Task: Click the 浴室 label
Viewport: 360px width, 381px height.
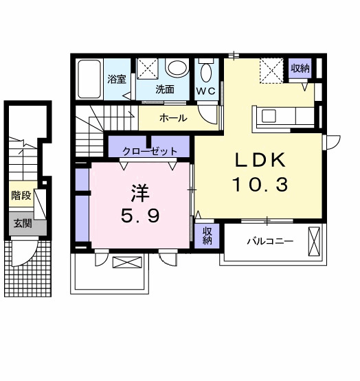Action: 117,80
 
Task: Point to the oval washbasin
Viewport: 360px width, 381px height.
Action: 177,69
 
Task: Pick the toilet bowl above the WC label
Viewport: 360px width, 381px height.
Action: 206,71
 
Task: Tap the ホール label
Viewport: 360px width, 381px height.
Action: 172,118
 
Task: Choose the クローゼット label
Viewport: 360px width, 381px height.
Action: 150,151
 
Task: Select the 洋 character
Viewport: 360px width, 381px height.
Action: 141,192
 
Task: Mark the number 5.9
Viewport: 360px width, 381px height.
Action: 141,216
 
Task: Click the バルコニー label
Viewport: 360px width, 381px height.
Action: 270,242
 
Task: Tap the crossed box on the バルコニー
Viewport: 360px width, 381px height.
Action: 315,242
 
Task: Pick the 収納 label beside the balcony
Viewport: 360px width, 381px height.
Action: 207,236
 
